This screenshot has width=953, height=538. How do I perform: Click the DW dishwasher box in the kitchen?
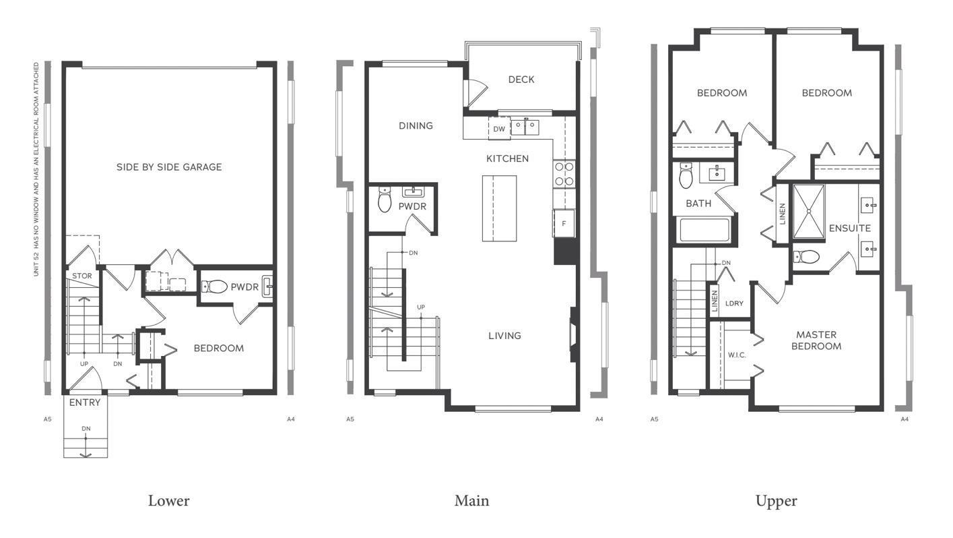pos(499,129)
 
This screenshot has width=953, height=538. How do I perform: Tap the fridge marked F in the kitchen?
pos(563,222)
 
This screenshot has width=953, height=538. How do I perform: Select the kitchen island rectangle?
pos(499,208)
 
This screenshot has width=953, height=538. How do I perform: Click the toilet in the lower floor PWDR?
pos(216,287)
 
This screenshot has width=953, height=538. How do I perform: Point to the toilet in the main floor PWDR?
pos(385,200)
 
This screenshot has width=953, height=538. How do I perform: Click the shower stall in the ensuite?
pos(808,211)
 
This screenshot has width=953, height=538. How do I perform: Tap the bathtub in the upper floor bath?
pos(704,230)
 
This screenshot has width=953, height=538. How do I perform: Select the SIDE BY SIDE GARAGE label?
pos(169,167)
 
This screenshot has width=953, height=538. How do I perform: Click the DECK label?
pos(521,80)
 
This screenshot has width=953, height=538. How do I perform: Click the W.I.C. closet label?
pos(736,355)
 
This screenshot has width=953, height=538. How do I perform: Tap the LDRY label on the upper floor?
pos(734,303)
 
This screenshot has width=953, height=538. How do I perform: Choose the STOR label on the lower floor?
pos(81,276)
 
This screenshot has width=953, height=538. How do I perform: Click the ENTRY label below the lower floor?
pos(85,402)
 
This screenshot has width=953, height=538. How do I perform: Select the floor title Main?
pos(471,501)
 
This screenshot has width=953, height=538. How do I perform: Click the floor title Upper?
pos(776,501)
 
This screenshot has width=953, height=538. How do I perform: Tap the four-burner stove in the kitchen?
pos(564,173)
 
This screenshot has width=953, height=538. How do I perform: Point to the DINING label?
pos(416,126)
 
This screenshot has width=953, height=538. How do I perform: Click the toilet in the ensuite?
pos(807,256)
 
